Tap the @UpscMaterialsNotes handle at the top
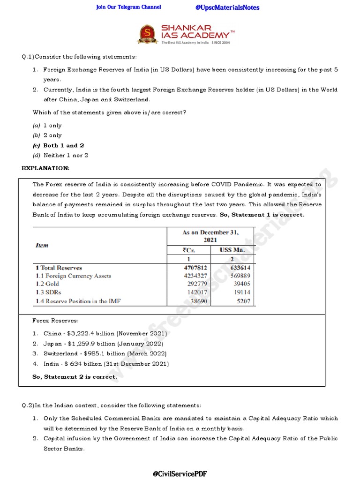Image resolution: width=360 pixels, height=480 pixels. (x=227, y=7)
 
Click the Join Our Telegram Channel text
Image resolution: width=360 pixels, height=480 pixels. (x=128, y=7)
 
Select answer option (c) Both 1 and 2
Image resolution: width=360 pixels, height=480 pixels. (x=59, y=145)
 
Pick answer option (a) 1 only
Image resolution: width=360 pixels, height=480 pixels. (x=47, y=126)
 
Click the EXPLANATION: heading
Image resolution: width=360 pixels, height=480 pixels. (x=45, y=168)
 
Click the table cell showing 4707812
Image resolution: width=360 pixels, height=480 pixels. (x=195, y=268)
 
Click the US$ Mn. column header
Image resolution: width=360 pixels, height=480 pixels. (x=232, y=250)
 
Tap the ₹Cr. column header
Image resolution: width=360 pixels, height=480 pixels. (x=189, y=250)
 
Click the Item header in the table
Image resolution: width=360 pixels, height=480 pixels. (x=42, y=245)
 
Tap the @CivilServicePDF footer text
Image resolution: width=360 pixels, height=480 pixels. (x=180, y=474)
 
